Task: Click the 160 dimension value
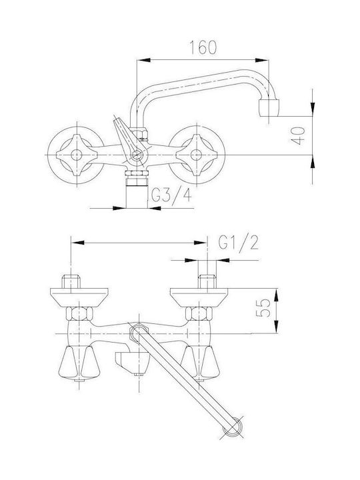tap(203, 47)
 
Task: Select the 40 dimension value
tap(298, 135)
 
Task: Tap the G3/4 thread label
tap(171, 195)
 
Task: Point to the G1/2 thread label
tap(239, 243)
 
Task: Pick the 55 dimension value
tap(263, 308)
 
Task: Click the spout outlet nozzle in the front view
tap(269, 108)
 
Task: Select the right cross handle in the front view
tap(196, 155)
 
